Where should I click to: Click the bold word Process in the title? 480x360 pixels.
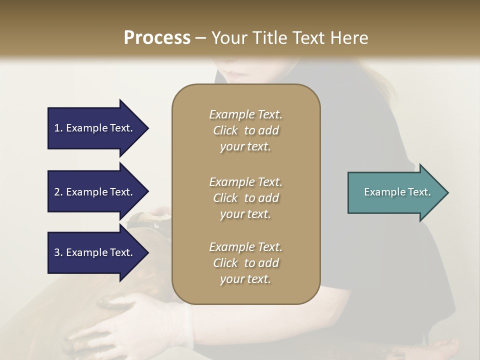[x=157, y=38]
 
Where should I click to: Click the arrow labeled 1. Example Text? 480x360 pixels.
[x=95, y=128]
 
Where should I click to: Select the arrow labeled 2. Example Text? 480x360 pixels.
[x=95, y=192]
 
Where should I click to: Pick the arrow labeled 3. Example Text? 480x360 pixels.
[x=95, y=252]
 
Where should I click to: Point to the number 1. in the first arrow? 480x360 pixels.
[x=58, y=128]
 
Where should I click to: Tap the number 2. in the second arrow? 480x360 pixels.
[x=58, y=192]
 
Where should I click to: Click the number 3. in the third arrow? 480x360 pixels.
[x=58, y=252]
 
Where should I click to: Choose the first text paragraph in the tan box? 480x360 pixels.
[x=245, y=130]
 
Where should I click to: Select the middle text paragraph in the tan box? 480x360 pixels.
[x=245, y=198]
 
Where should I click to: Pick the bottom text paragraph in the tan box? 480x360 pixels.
[x=245, y=263]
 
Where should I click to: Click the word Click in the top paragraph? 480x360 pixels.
[x=225, y=130]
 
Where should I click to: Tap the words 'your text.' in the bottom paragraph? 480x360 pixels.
[x=245, y=279]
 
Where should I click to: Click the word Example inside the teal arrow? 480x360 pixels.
[x=382, y=192]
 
